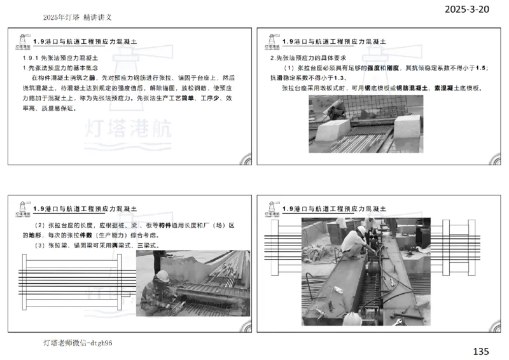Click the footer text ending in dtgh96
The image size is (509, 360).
coord(78,343)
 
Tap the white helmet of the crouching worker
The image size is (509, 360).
coord(162,275)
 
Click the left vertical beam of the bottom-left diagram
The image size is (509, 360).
coord(22,282)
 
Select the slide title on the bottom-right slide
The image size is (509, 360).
coord(338,209)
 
